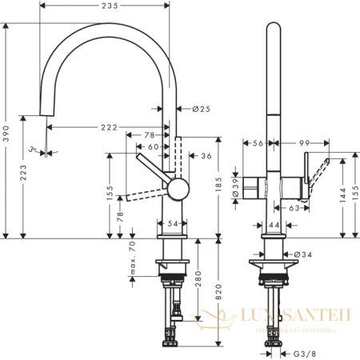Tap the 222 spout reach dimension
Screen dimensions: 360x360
pos(110,126)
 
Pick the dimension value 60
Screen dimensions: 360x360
pos(154,146)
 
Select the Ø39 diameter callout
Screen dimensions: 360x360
pos(234,188)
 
